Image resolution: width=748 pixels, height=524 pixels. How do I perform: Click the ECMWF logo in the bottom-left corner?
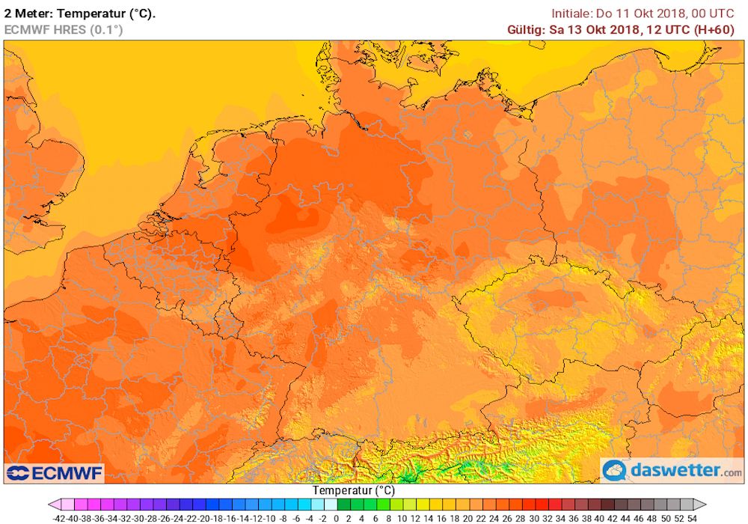[55, 473]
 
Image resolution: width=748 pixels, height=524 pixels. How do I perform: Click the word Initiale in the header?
[571, 13]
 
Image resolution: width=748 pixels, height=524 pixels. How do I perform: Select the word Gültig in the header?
[527, 29]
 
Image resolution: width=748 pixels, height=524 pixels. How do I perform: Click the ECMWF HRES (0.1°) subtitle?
[64, 29]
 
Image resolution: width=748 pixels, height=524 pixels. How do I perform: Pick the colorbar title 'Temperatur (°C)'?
[354, 490]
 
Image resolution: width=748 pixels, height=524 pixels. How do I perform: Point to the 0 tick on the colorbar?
[337, 517]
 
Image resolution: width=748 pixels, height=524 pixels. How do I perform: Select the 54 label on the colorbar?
[692, 517]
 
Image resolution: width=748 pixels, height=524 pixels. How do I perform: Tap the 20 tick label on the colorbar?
[467, 517]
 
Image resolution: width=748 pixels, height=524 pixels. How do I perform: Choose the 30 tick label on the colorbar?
[534, 517]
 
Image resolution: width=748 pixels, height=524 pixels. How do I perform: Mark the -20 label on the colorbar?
[204, 517]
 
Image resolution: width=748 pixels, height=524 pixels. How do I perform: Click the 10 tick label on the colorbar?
[402, 517]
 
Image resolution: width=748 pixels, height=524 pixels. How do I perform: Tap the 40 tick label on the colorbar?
[599, 517]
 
